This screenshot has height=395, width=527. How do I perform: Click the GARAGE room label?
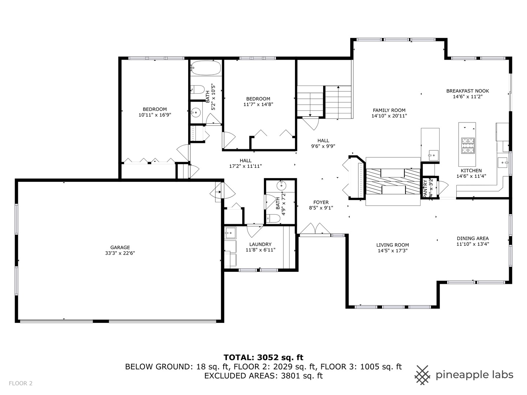pos(120,248)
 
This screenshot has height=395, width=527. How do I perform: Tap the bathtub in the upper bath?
pos(206,68)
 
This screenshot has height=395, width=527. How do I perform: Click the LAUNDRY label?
pos(260,244)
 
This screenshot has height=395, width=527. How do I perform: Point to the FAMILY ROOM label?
pos(389,110)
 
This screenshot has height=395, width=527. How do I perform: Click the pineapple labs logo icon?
pos(422,375)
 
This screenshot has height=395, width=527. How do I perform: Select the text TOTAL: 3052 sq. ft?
pos(263,357)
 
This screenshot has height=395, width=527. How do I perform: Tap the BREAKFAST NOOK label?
pos(467,91)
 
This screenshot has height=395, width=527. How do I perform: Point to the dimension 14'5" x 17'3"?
pos(392,251)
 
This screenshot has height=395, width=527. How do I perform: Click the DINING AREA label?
pos(472,238)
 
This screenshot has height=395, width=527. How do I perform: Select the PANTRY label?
pos(425,189)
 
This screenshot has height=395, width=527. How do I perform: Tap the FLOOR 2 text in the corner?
pos(20,383)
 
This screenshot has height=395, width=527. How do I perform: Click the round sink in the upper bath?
pos(196,112)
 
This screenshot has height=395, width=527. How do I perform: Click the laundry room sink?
pos(231,232)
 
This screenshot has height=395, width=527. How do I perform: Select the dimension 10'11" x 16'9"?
pos(155,115)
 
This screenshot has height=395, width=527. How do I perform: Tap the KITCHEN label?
pos(471,170)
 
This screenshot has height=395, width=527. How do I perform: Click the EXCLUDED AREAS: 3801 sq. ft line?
pos(263,376)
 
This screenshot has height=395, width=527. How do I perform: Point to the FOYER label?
pos(321,202)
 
